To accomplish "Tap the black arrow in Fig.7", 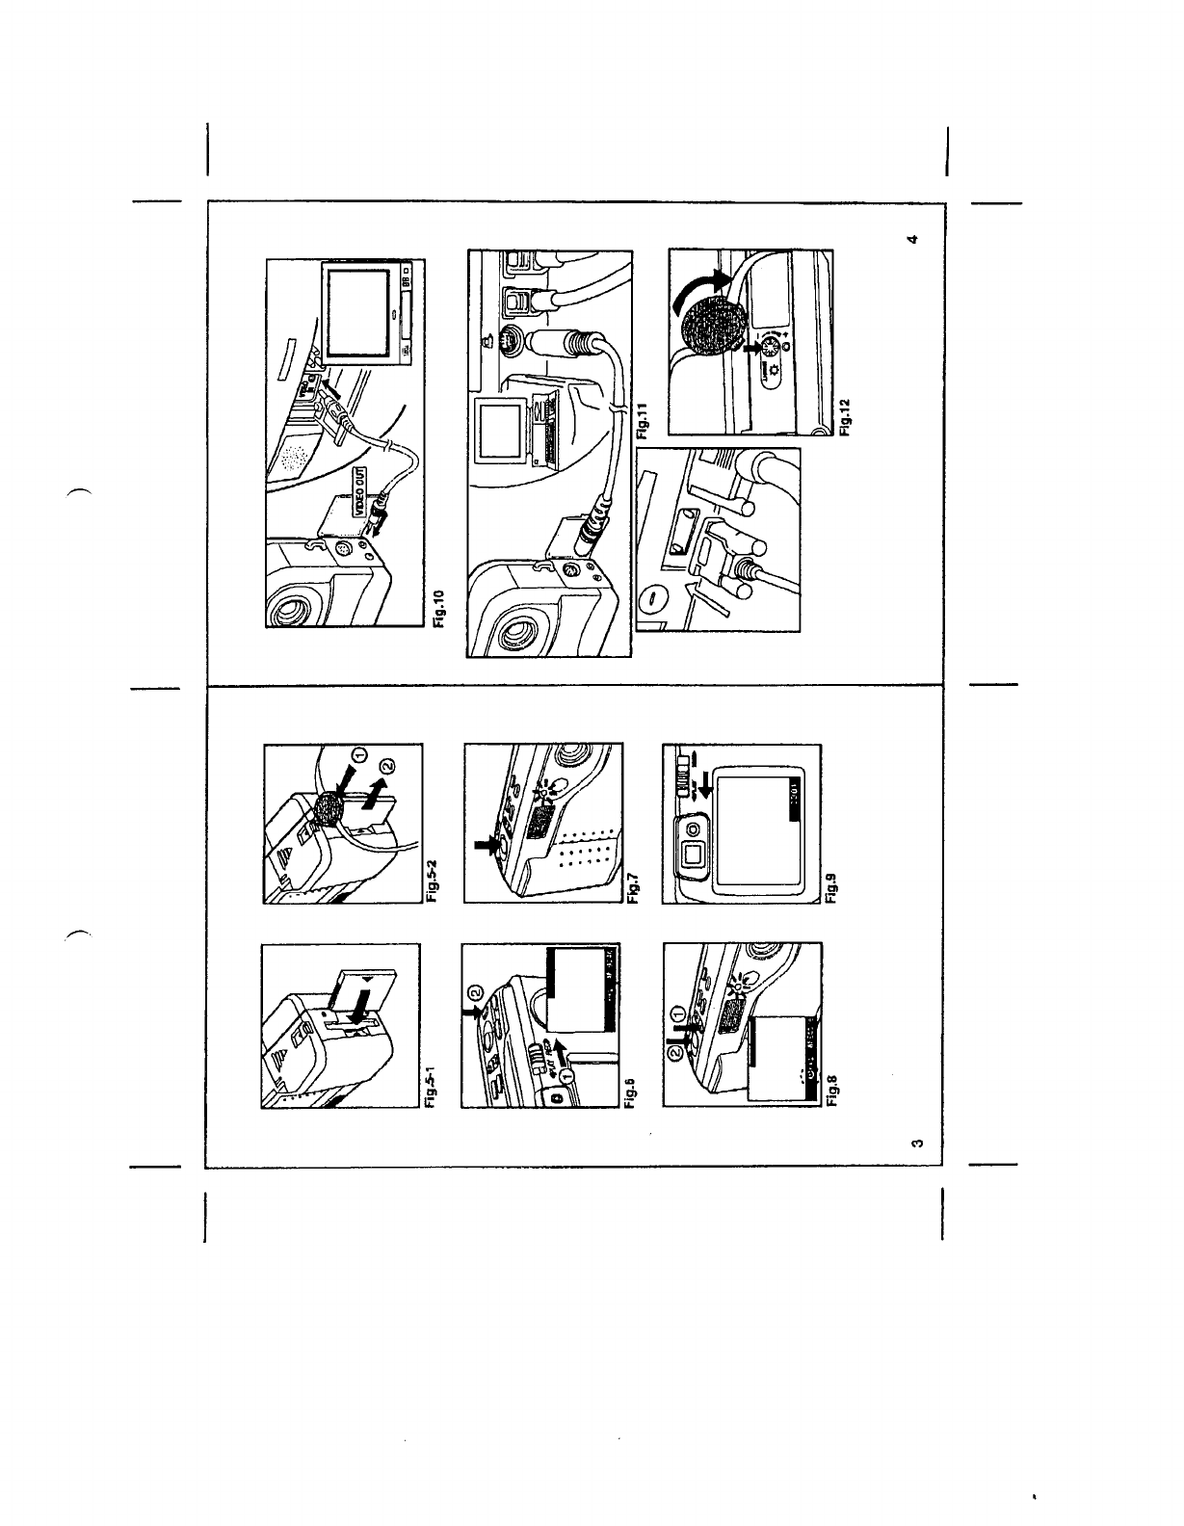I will [x=483, y=847].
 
